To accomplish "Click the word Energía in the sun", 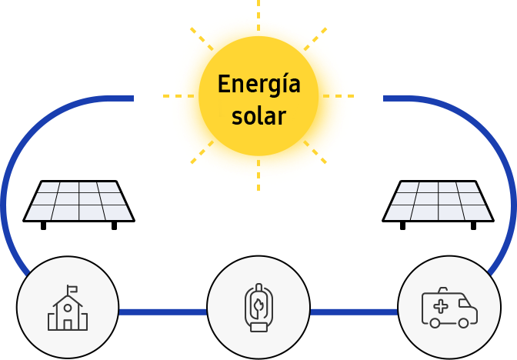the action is click(x=258, y=85).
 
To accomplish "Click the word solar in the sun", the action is click(x=258, y=115).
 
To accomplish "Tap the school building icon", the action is click(x=68, y=308).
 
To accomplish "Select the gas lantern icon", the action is click(x=258, y=307).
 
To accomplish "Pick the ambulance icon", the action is click(x=449, y=308).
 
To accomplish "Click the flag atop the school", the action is click(x=72, y=289).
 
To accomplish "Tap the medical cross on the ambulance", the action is click(x=441, y=306).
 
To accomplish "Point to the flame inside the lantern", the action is click(x=258, y=307).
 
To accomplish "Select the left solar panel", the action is click(x=78, y=205).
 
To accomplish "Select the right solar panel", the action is click(x=438, y=205).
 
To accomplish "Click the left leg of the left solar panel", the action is click(x=43, y=226).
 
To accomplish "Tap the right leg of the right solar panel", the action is click(x=473, y=226).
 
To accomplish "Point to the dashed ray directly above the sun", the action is click(x=258, y=15).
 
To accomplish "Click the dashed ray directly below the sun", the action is click(x=258, y=175).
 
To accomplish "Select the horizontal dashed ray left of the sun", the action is click(x=178, y=96).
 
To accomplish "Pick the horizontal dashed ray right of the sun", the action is click(x=339, y=96).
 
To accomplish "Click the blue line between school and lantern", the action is click(x=163, y=312).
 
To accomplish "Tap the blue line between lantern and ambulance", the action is click(x=354, y=312).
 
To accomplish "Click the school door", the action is click(x=68, y=325).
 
